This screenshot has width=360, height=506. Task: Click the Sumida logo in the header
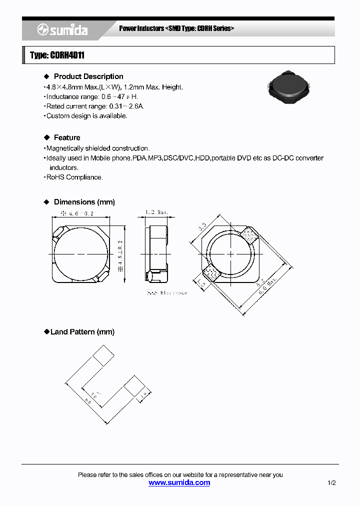point(62,30)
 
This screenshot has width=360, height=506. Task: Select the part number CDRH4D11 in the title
point(67,55)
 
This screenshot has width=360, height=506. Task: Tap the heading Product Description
point(88,76)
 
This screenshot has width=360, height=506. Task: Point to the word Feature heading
point(67,137)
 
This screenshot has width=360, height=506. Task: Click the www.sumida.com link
point(179,482)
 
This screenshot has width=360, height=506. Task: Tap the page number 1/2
point(331,483)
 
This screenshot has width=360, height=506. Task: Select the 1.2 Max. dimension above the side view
point(156,212)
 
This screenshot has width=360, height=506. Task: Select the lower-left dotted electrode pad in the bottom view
point(209,272)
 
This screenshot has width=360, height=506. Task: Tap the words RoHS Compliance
point(74,177)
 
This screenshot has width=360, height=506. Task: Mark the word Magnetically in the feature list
point(62,148)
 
